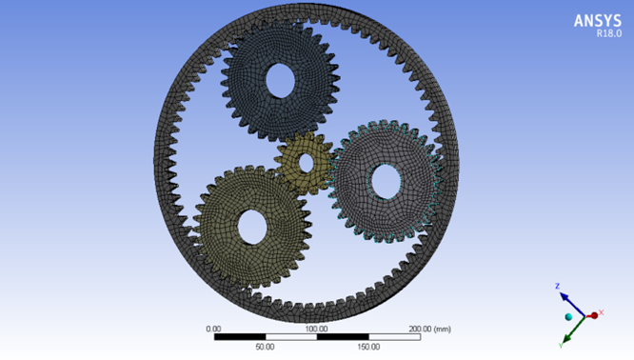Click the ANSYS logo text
click(597, 21)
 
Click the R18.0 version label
click(609, 33)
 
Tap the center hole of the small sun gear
click(307, 163)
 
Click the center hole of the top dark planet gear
click(280, 80)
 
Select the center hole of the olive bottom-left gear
click(252, 227)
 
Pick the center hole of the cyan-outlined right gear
click(386, 182)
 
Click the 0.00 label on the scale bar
click(213, 329)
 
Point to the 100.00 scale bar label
click(316, 329)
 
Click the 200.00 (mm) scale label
click(429, 329)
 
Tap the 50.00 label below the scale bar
click(265, 347)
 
